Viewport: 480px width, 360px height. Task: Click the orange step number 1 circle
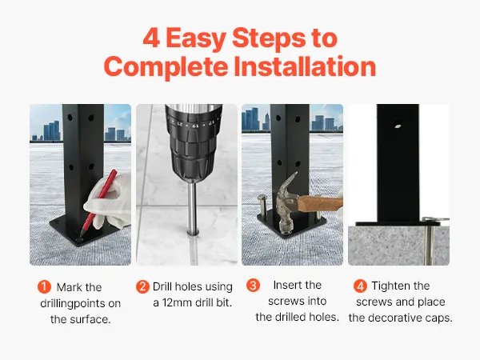tap(44, 287)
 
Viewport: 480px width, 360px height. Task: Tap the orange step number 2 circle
tap(142, 287)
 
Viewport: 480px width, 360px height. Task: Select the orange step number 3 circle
tap(253, 286)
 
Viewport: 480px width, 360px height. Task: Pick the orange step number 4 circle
tap(360, 286)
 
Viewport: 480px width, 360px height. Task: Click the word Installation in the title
tap(305, 66)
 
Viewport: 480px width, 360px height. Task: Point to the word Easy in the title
tap(196, 38)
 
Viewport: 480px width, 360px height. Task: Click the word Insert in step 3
tap(287, 285)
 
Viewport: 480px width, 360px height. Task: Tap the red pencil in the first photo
tap(98, 203)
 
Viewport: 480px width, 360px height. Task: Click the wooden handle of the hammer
tap(320, 203)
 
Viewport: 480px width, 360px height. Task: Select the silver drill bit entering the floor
tap(193, 209)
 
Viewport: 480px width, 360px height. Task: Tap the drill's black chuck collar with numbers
tap(193, 126)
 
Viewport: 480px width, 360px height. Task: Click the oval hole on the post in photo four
tap(398, 126)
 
